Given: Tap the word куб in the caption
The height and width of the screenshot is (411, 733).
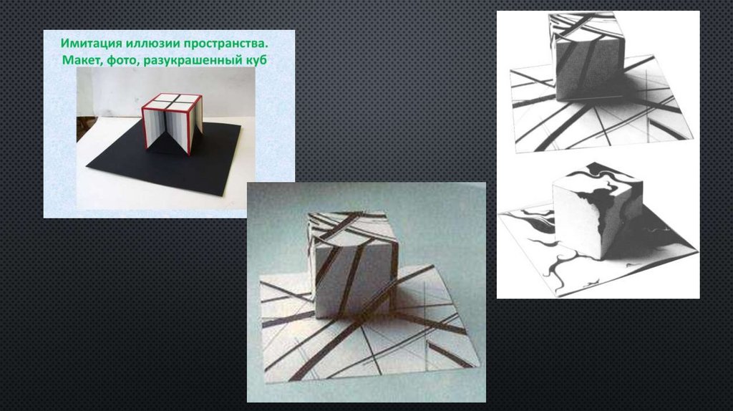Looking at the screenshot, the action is (x=257, y=60).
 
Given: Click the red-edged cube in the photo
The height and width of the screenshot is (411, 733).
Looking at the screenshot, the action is (x=172, y=123).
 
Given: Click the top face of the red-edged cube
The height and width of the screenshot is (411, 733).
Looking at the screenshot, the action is (x=172, y=101).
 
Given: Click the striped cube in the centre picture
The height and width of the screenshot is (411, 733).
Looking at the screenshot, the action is (x=352, y=264).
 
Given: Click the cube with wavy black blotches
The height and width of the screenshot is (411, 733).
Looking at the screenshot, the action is (x=598, y=211).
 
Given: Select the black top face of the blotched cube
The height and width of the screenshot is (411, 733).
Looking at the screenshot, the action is (x=602, y=180).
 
